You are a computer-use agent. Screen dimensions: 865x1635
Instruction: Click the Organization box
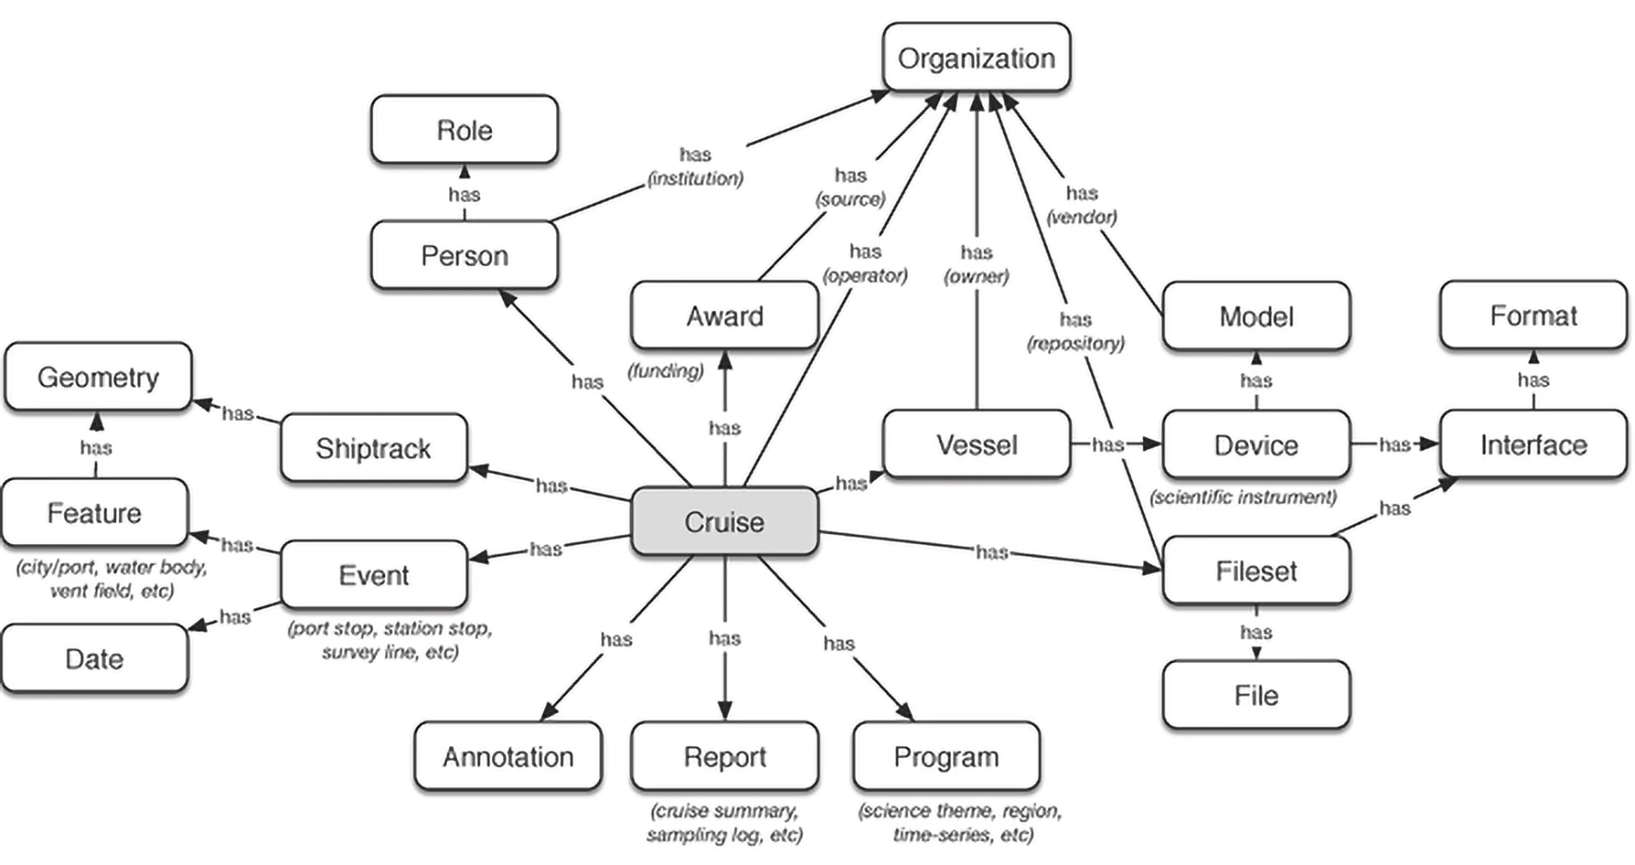975,58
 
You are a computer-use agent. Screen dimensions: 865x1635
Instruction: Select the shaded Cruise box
724,522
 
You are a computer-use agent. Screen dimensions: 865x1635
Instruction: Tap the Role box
465,130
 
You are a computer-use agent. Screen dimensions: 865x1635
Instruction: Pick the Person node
465,256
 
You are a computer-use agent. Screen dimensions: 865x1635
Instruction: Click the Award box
724,317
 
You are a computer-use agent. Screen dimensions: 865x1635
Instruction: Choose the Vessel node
976,445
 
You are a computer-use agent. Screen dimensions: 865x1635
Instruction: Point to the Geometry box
98,377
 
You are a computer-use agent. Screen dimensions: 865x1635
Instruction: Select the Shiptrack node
373,448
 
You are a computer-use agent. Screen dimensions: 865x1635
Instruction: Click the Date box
94,659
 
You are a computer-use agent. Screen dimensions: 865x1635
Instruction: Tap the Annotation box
507,757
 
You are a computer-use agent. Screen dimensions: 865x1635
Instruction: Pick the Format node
1533,316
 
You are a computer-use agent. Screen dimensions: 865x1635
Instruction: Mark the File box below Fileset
1256,696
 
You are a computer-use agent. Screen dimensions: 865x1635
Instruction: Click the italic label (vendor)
1081,217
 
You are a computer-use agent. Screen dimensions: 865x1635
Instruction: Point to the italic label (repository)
1075,344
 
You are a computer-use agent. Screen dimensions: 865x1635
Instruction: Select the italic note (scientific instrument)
1243,497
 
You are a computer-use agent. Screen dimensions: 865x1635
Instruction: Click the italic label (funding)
666,371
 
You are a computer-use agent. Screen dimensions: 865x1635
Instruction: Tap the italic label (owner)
976,276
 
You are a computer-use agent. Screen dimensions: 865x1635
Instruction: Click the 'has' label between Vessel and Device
1108,444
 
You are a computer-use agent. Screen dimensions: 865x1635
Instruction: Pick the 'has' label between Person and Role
465,195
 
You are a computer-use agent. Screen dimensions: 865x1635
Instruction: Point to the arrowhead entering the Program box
904,711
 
